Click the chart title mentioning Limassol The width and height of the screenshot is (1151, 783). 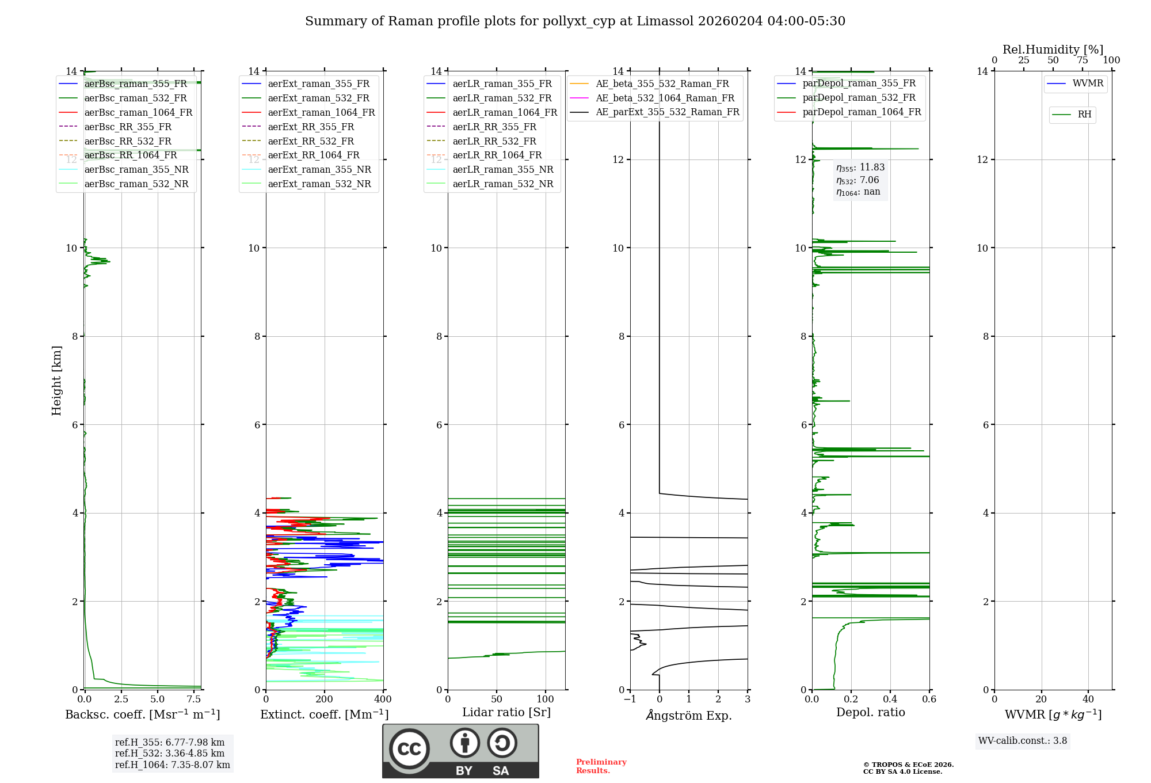click(575, 21)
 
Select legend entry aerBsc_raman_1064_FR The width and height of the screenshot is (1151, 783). click(138, 112)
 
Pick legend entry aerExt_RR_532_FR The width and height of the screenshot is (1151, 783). click(311, 141)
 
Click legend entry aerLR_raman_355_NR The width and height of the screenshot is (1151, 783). click(502, 169)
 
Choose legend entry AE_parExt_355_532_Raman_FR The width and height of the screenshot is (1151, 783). click(667, 112)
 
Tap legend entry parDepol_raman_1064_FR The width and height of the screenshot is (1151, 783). click(862, 112)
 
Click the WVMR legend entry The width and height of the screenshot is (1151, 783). click(1088, 83)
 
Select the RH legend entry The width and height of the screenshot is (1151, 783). click(1084, 115)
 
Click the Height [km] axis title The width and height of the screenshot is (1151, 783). click(56, 380)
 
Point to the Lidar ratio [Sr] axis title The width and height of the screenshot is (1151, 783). click(506, 712)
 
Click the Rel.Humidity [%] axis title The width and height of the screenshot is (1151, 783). click(1053, 50)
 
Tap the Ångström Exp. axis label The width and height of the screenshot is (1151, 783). click(689, 715)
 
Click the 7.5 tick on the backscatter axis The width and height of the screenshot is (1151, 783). click(194, 700)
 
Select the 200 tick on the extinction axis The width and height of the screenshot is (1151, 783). click(325, 700)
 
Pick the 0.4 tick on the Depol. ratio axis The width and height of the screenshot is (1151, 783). click(890, 700)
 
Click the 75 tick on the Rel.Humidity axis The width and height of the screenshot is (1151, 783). click(1082, 60)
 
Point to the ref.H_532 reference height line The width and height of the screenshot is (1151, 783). click(170, 753)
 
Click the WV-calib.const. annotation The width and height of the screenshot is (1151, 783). click(1023, 741)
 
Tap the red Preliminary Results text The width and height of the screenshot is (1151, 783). click(601, 766)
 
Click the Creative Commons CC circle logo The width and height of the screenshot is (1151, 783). click(409, 748)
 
